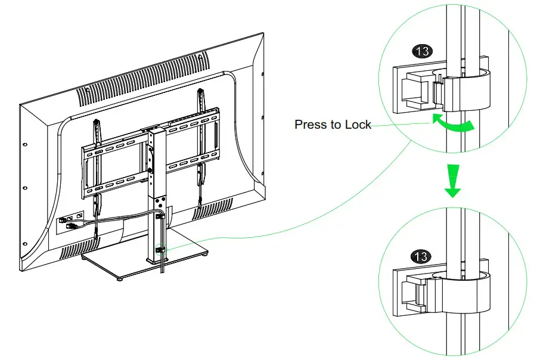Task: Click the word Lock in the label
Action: click(x=359, y=125)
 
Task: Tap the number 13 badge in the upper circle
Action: click(x=423, y=51)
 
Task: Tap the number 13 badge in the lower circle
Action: click(x=421, y=257)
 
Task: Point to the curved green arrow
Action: click(x=454, y=124)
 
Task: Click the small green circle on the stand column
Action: click(x=159, y=249)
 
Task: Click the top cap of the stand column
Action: click(x=153, y=129)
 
